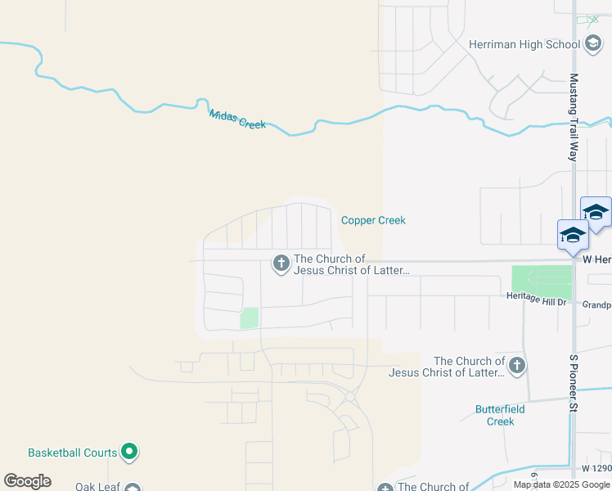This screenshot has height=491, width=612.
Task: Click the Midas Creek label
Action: tap(237, 119)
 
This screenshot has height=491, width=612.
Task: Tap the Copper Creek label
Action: tap(373, 220)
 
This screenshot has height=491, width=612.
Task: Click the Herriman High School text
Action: tap(524, 45)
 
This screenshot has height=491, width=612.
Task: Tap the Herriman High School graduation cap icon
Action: tap(592, 44)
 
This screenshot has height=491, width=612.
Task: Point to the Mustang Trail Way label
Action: tap(574, 116)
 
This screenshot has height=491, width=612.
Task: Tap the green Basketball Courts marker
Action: tap(129, 451)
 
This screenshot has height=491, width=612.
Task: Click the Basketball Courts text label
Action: tap(73, 453)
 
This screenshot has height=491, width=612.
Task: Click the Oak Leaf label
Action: tap(97, 486)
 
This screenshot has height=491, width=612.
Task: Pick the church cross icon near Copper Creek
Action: tap(281, 264)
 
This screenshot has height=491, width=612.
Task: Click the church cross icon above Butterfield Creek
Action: tap(516, 367)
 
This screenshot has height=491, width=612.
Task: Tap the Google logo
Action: tap(27, 481)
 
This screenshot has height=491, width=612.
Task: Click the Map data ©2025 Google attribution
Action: tap(562, 484)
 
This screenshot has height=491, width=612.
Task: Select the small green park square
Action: tap(249, 318)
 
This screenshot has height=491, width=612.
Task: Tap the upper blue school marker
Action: tap(596, 212)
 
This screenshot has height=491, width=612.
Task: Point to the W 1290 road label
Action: tap(596, 468)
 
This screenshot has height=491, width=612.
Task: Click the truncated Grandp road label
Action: tap(596, 304)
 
